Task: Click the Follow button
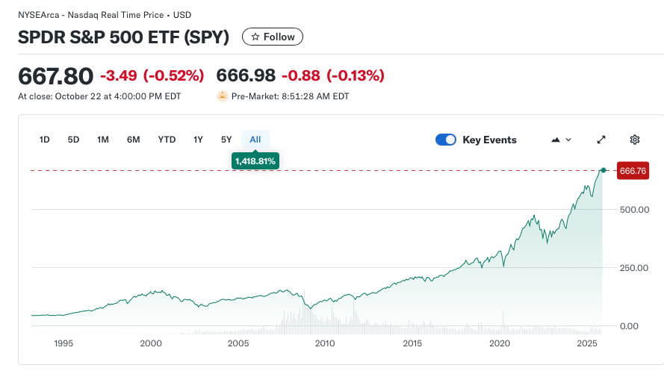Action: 273,37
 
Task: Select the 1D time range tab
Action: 44,140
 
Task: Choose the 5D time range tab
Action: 73,140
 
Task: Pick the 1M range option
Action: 103,140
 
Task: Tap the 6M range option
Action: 133,140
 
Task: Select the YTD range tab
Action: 167,140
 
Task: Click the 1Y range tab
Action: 198,140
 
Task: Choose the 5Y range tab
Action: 226,140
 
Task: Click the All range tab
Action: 255,140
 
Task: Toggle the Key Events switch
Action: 446,140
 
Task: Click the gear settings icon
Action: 635,140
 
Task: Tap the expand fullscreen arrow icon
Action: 601,140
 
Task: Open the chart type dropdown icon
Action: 560,140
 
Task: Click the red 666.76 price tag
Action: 633,171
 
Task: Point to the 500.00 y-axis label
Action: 634,210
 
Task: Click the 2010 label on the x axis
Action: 325,343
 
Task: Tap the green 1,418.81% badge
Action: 255,160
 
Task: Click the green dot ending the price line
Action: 603,171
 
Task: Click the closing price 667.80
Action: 55,75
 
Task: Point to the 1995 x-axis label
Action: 63,343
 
